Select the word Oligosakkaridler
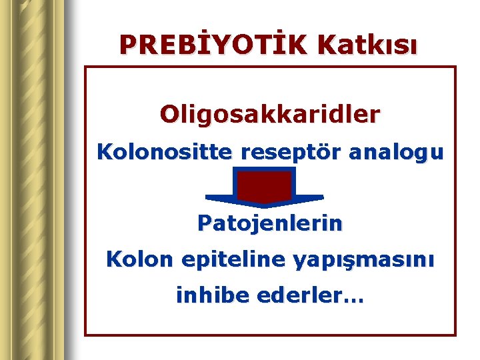[x=270, y=114]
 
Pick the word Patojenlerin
[x=270, y=223]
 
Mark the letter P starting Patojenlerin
[x=203, y=223]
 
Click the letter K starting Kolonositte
[x=104, y=153]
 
